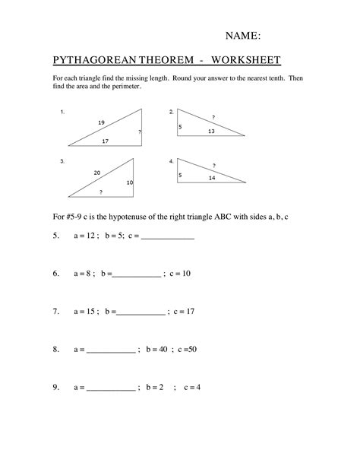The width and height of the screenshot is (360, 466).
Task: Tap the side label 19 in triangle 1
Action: click(101, 122)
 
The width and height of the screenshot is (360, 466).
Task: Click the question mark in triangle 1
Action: click(140, 132)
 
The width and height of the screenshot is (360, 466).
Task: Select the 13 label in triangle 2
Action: click(211, 132)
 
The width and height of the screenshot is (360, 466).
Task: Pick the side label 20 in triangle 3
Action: click(97, 173)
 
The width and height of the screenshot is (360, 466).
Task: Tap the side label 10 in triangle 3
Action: click(129, 182)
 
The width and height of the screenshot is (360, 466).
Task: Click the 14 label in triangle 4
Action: click(212, 177)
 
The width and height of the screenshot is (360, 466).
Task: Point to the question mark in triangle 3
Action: click(101, 192)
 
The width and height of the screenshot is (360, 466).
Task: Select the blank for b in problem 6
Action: click(137, 274)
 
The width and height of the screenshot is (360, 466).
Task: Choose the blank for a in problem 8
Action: click(111, 350)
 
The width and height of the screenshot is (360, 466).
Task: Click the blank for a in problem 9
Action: click(111, 388)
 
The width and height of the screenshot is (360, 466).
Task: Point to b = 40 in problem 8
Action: click(154, 350)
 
